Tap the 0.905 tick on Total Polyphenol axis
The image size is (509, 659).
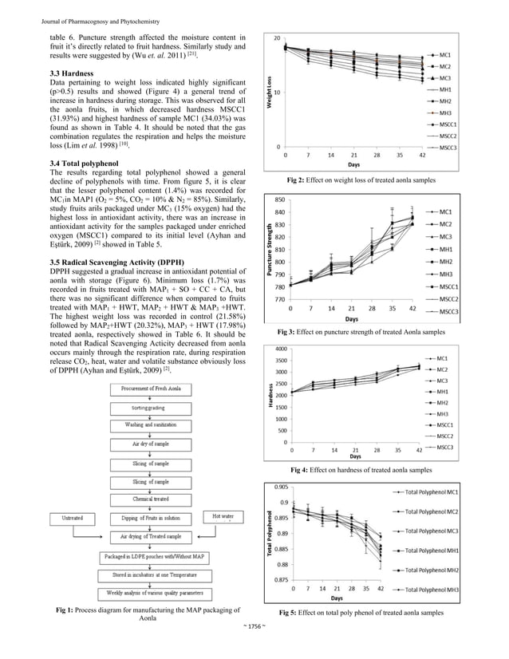click(280, 486)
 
